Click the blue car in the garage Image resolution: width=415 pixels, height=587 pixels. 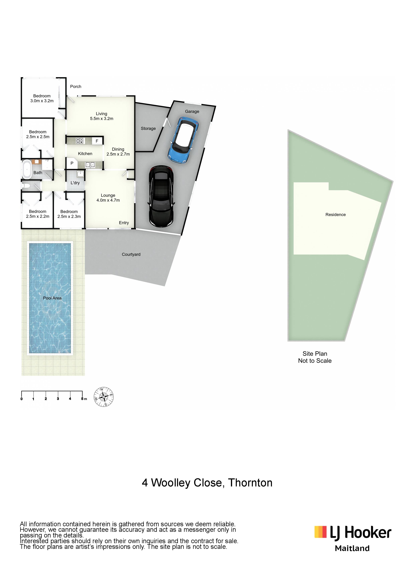[183, 140]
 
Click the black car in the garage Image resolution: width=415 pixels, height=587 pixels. [161, 196]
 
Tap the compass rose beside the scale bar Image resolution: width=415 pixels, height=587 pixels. [104, 397]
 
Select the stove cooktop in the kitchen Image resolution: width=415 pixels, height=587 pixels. [80, 140]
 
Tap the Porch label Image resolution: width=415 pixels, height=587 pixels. [76, 86]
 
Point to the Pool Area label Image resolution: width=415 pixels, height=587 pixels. [52, 298]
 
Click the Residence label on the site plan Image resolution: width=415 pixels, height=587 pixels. [336, 215]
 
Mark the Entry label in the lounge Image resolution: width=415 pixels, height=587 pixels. [124, 223]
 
